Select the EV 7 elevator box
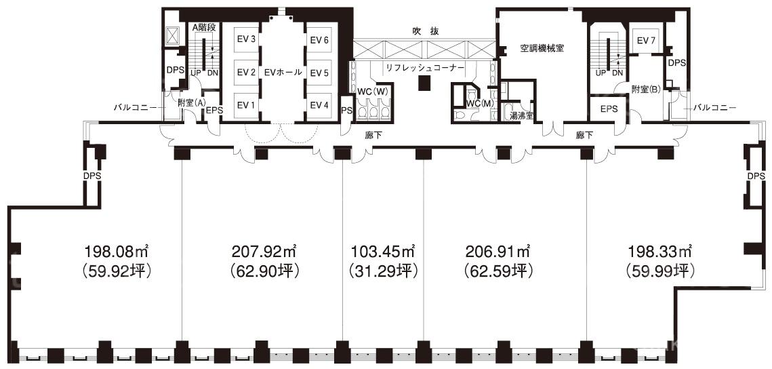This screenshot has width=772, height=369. [x=645, y=41]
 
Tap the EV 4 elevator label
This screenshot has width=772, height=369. [x=319, y=105]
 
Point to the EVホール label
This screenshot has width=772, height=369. [x=283, y=73]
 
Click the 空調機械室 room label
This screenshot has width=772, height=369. [x=542, y=48]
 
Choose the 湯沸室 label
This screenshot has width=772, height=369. [x=521, y=116]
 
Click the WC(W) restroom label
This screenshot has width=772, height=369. [x=372, y=91]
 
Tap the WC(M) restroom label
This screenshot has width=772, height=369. [x=480, y=103]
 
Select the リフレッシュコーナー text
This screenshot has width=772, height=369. [x=425, y=68]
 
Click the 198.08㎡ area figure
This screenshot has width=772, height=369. [x=117, y=252]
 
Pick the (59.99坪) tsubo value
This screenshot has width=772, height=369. [x=659, y=271]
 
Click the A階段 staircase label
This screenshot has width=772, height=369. [x=204, y=28]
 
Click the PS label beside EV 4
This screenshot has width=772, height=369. [x=346, y=110]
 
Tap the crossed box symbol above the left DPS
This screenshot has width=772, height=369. [x=174, y=35]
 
